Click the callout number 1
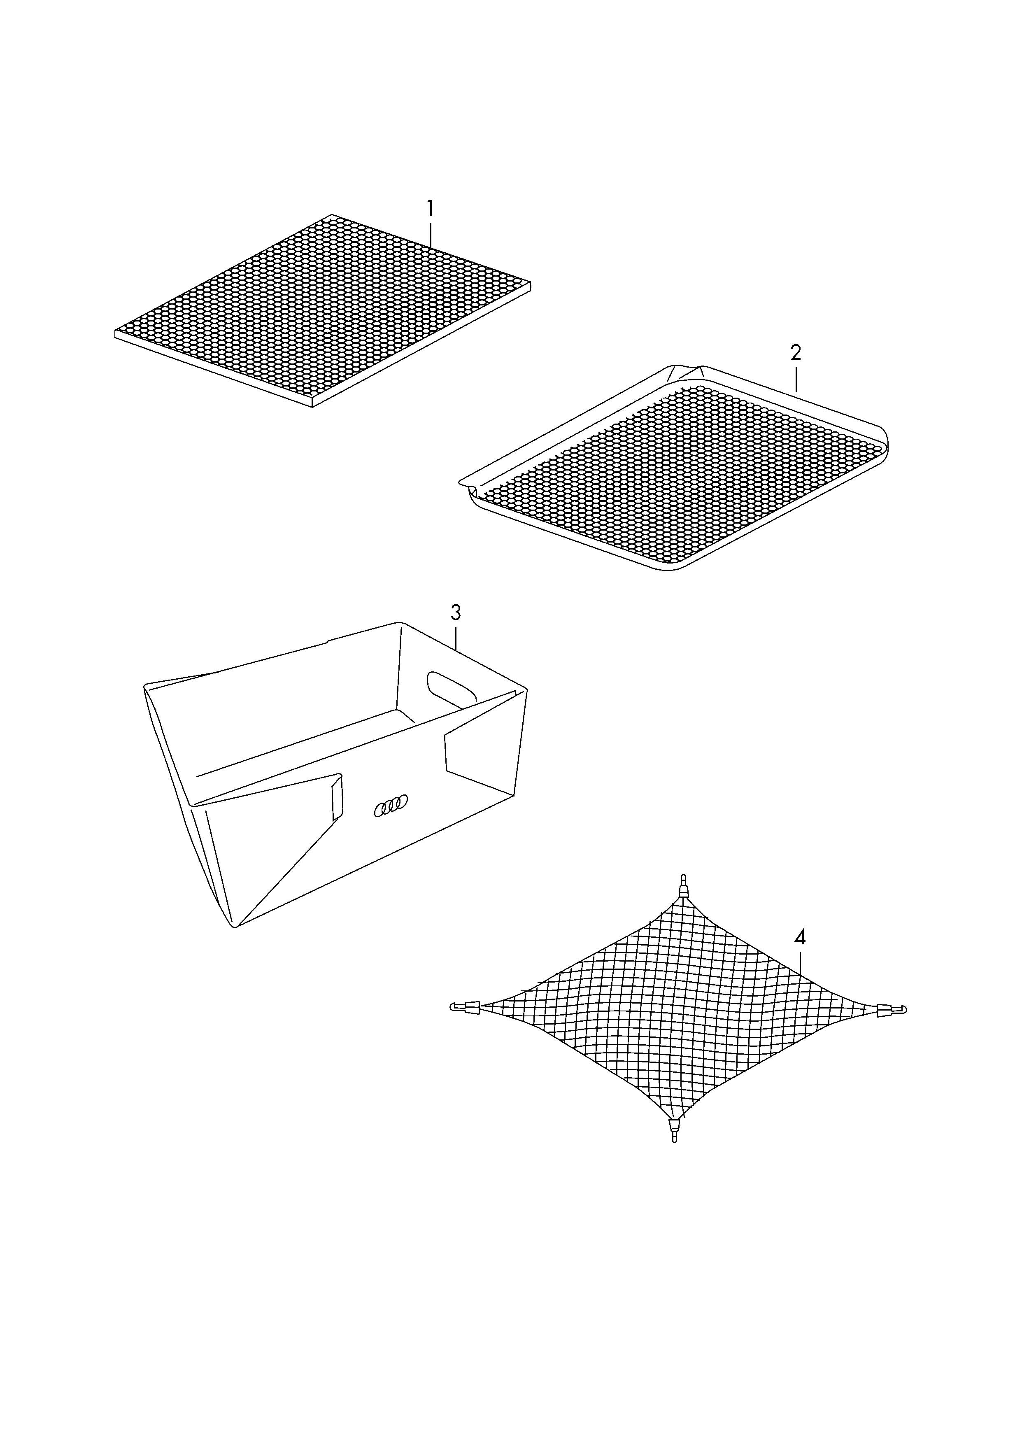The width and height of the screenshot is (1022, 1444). click(x=431, y=208)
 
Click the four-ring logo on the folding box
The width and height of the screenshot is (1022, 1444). click(x=391, y=806)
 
